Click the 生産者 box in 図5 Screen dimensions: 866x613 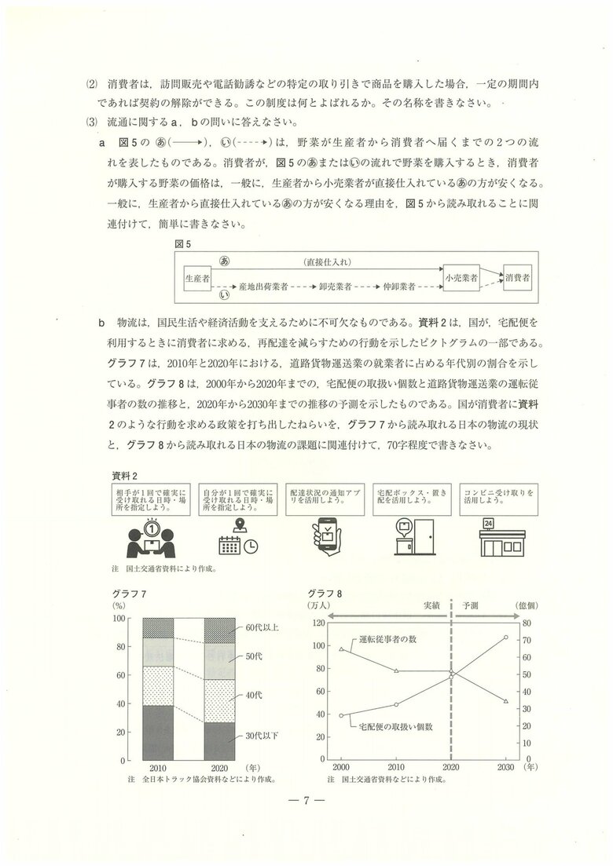point(197,279)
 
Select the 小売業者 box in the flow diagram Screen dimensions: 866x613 point(461,278)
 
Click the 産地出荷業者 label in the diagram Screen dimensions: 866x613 point(263,288)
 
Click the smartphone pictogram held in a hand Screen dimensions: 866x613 point(327,537)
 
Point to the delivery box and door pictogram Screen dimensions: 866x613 point(413,537)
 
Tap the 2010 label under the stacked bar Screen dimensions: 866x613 point(157,769)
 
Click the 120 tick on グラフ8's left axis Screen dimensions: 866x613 point(318,623)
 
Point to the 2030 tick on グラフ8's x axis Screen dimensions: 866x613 point(505,766)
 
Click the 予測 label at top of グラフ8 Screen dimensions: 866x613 point(471,606)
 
